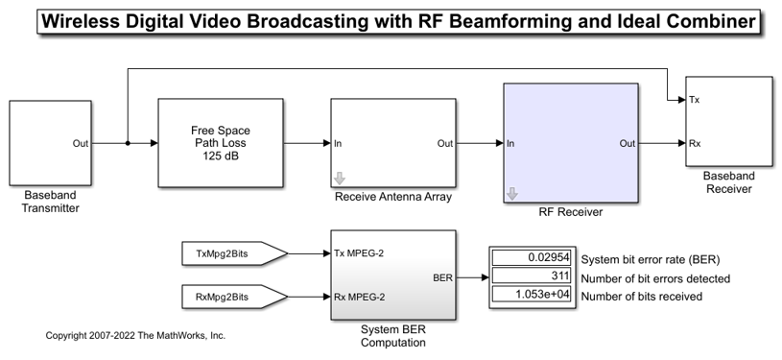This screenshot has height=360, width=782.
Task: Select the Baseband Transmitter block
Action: [x=50, y=143]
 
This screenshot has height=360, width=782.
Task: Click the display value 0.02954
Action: [x=533, y=258]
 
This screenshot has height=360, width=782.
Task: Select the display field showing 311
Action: [x=533, y=277]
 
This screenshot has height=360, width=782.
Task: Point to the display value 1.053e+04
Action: [x=533, y=297]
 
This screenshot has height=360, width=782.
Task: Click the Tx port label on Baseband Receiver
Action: [x=695, y=100]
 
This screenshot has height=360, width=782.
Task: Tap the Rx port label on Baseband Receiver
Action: [x=695, y=143]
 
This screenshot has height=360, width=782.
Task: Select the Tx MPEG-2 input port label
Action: [x=360, y=253]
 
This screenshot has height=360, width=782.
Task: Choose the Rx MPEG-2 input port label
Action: [x=360, y=297]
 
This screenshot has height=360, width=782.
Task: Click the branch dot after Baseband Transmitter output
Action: [x=127, y=144]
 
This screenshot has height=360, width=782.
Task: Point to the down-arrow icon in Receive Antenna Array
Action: [x=339, y=179]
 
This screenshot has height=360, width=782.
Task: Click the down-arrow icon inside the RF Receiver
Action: [x=511, y=193]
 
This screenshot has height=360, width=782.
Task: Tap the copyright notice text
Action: [x=135, y=336]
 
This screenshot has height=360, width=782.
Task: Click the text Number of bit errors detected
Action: [x=656, y=278]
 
